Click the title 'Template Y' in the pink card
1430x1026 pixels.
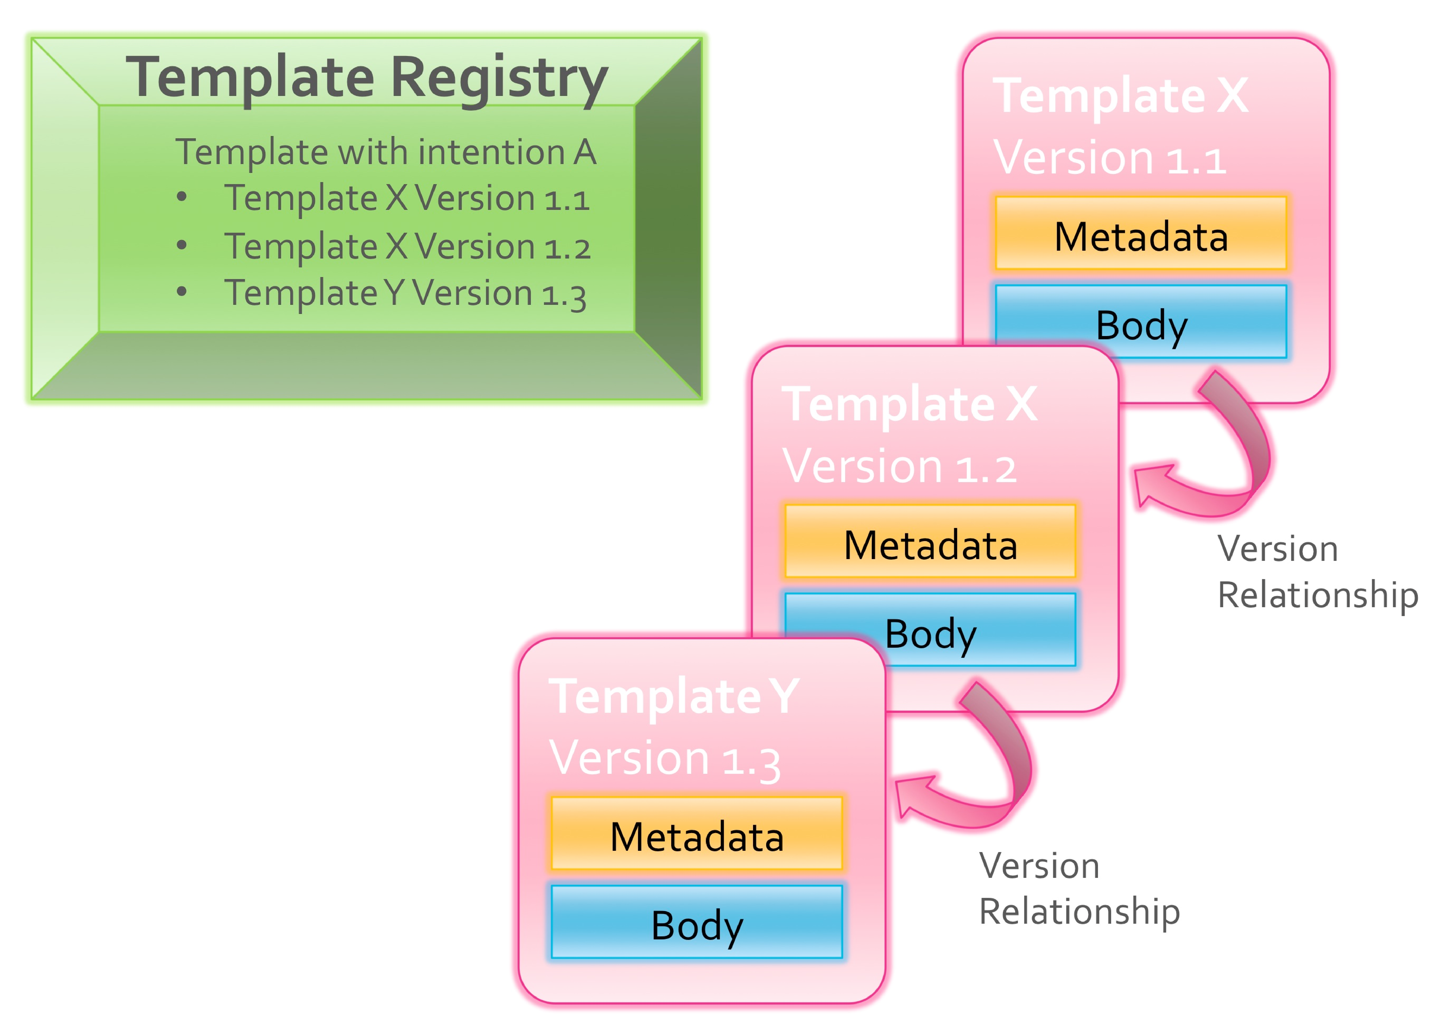[x=673, y=696]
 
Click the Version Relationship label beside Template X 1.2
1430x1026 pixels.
[x=1317, y=571]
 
